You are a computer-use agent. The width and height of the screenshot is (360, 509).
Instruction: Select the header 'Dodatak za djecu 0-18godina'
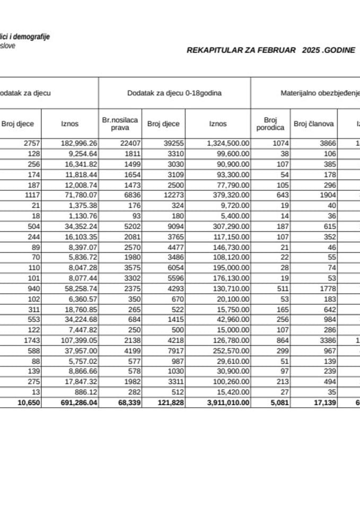tap(174, 93)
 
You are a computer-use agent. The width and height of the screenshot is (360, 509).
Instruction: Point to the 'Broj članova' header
tap(313, 124)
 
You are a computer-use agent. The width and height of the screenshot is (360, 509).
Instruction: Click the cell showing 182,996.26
tap(77, 143)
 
